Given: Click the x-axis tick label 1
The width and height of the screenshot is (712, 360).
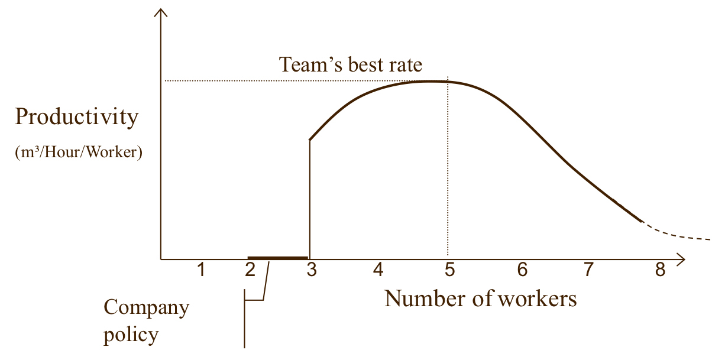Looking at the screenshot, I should (201, 270).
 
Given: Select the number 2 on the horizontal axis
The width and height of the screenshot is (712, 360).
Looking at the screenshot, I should (250, 270).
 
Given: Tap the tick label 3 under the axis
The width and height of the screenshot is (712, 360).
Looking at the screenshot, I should (312, 270).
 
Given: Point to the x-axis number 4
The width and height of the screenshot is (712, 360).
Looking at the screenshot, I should (378, 270).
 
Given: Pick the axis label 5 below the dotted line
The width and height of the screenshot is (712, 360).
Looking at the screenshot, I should (449, 270).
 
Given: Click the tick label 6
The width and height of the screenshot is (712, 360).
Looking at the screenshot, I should (522, 270).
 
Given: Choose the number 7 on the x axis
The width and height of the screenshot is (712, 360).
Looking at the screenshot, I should (588, 270).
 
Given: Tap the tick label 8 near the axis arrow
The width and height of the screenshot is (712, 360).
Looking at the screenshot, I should (660, 270).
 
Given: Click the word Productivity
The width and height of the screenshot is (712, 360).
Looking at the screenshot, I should (76, 118).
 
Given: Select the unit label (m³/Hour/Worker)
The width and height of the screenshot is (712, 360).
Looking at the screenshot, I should (79, 153).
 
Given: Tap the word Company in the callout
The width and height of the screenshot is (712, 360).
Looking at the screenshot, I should (147, 308).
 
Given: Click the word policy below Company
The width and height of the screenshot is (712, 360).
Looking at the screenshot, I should (131, 335).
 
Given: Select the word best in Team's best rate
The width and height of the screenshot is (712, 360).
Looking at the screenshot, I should (367, 64).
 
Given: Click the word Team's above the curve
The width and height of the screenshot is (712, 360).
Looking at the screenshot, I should (310, 64).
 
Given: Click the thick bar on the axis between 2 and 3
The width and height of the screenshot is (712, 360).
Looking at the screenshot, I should (278, 258).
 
